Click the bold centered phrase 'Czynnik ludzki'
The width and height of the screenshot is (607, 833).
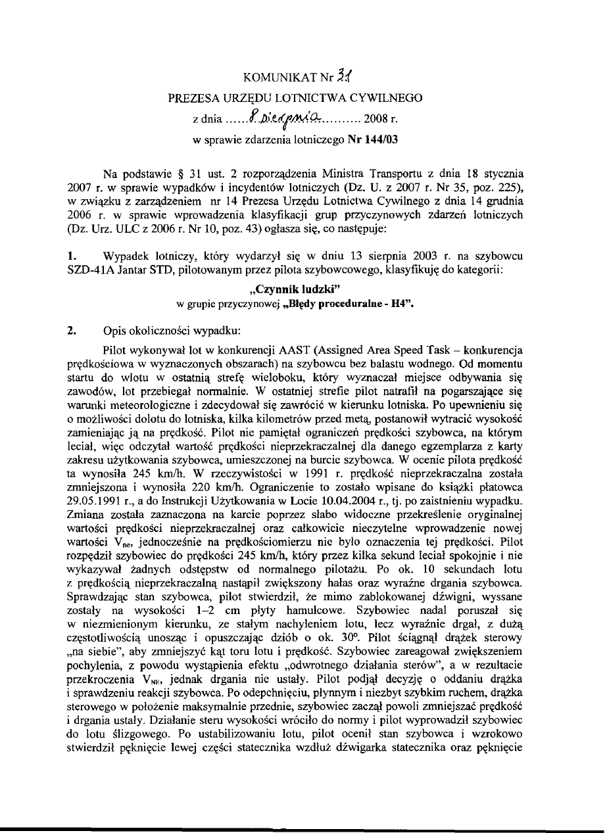pyautogui.click(x=303, y=289)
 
